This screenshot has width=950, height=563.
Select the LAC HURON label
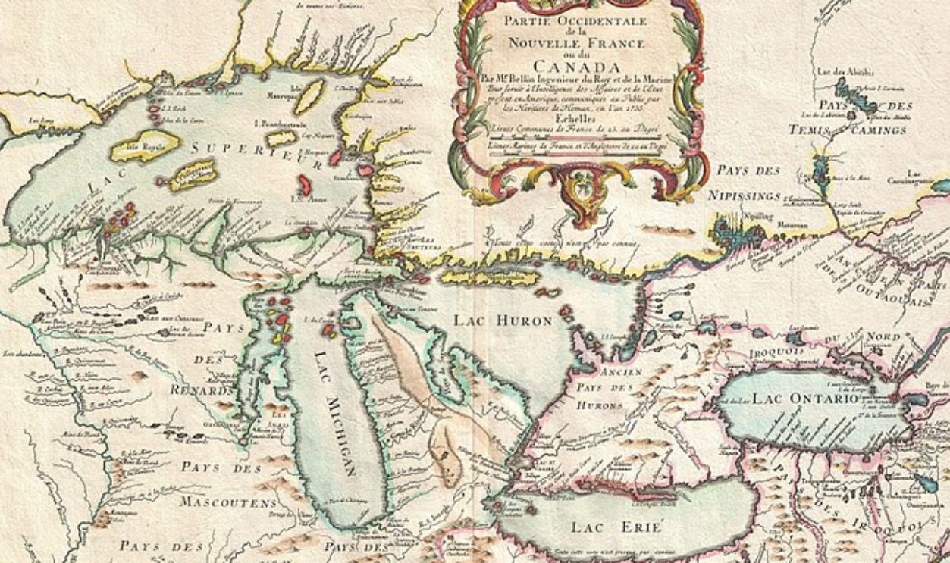pyautogui.click(x=503, y=321)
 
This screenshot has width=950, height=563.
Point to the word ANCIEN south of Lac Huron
pyautogui.click(x=620, y=371)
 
